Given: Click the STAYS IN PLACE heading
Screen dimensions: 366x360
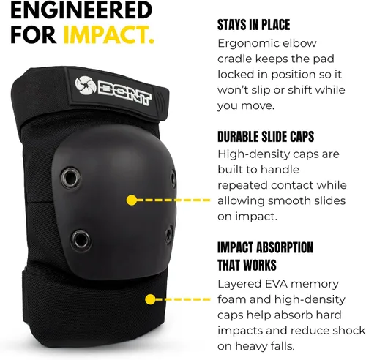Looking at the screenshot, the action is coord(253,25).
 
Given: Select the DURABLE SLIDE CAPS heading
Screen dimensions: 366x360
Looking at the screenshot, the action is coord(266,137).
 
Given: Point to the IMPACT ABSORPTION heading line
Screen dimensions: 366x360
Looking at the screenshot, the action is coord(265,247).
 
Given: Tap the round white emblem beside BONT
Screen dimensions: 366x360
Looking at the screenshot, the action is coord(85,86).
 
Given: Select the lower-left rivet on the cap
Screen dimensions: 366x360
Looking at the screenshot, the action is coord(81,240).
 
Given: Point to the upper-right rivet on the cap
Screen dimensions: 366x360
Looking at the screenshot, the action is coord(173,179).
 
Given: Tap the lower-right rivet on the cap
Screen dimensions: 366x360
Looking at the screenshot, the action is coord(169,234).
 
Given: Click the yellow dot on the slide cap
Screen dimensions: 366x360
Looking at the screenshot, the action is coord(132,200).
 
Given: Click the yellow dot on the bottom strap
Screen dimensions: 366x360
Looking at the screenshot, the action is coord(150,299).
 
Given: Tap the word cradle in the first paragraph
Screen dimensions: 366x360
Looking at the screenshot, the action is coord(234,59).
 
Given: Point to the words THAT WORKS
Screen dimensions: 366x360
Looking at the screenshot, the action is coord(247,265).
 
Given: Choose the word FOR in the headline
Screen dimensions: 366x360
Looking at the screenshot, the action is coord(33,35).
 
